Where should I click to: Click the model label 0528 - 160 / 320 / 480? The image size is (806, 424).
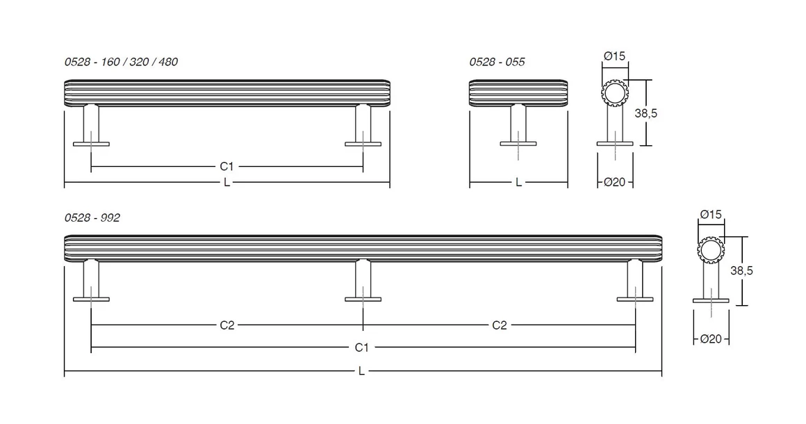(121, 62)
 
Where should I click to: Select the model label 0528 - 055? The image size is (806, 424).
(497, 62)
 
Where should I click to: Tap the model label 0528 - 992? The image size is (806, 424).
(92, 218)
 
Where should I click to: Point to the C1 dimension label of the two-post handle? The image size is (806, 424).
(227, 166)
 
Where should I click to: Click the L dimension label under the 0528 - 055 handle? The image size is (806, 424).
(518, 182)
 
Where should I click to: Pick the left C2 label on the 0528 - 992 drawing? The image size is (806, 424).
(227, 325)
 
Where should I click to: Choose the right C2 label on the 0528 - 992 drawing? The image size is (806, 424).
(499, 325)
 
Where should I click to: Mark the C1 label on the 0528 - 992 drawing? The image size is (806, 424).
(362, 347)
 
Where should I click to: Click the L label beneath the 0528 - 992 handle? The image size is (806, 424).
(361, 371)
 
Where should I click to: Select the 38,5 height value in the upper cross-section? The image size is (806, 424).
(645, 113)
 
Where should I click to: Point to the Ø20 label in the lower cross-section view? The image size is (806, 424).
(711, 339)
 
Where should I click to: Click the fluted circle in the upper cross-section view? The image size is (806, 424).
(615, 93)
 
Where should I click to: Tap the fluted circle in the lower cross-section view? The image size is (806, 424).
(710, 251)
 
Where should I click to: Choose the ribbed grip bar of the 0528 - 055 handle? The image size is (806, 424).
(518, 93)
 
